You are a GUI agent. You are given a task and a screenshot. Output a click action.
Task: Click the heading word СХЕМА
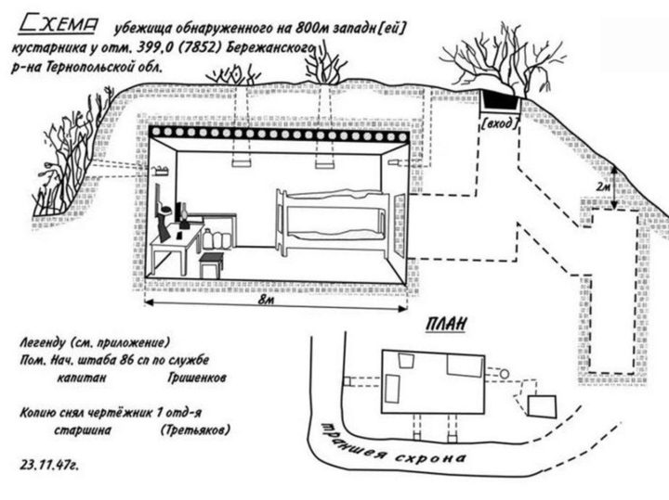coord(59,25)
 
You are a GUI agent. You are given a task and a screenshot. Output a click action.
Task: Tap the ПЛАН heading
coord(446,325)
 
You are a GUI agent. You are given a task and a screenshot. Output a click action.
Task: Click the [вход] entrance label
coord(500,124)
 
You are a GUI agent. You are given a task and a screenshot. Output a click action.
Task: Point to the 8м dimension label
coord(266,300)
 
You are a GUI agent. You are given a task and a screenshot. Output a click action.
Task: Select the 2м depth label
coord(602,187)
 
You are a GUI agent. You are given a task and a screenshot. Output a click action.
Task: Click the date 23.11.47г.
coord(49,465)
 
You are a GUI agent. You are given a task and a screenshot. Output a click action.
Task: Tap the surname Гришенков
coord(197,378)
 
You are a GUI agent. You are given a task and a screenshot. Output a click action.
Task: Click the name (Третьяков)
coord(195,430)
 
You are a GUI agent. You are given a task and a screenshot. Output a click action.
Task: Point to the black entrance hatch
coord(500,100)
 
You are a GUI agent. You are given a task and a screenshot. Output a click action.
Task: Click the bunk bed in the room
coord(334,223)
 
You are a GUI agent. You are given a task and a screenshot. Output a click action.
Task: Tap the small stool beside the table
coord(211,264)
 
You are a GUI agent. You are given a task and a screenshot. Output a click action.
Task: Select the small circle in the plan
coord(505,374)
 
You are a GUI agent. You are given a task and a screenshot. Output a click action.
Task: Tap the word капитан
coord(82,378)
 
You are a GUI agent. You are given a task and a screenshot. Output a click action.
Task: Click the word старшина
coord(83,430)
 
